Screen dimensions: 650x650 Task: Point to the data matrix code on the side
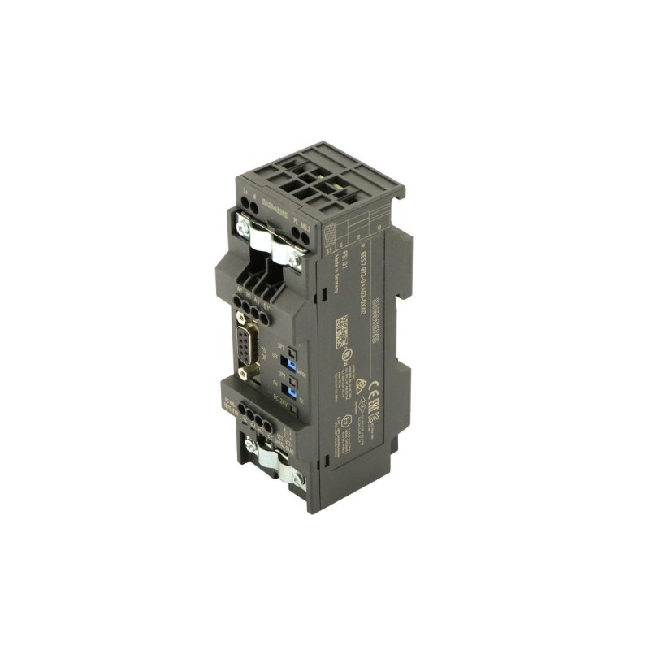tap(341, 331)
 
